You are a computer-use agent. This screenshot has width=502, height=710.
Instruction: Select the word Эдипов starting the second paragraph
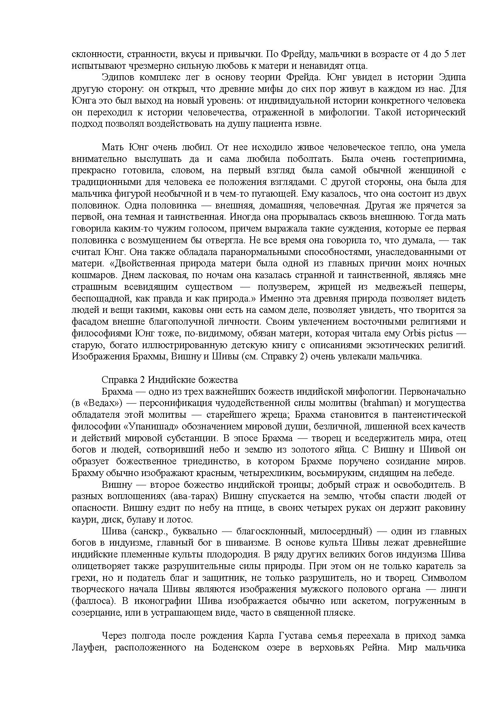point(118,77)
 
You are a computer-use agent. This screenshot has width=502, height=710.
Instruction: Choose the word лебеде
point(439,473)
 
